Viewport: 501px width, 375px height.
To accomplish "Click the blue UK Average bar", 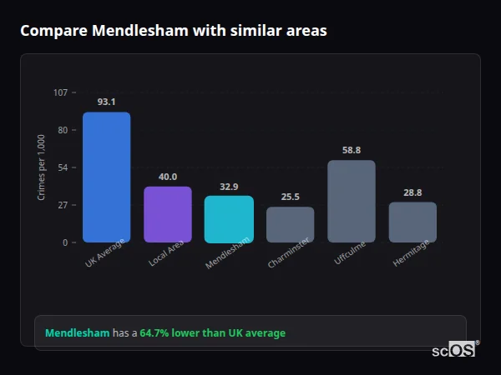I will (106, 177).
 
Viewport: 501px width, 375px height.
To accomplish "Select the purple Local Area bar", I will (168, 214).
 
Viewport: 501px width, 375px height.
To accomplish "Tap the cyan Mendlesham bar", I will (229, 219).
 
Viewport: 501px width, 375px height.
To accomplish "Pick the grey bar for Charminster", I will (290, 225).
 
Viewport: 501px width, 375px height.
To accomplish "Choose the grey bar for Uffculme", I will (352, 202).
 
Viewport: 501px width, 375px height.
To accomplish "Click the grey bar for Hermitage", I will (412, 222).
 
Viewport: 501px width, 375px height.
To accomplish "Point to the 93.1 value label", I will (106, 102).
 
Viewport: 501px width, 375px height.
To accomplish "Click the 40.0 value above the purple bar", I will (168, 177).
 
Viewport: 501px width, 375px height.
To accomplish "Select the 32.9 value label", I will (229, 187).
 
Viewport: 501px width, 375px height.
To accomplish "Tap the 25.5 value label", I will (290, 197).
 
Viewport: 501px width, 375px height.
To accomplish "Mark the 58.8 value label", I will (352, 151).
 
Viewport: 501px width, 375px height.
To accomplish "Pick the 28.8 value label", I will (412, 192).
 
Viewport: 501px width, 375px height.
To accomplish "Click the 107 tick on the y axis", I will (60, 92).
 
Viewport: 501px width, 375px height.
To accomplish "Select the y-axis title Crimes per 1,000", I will (42, 167).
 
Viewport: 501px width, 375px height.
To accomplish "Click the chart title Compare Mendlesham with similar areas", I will (173, 31).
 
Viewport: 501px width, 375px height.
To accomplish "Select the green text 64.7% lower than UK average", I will (212, 333).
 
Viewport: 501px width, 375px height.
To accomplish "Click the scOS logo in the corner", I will (454, 350).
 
